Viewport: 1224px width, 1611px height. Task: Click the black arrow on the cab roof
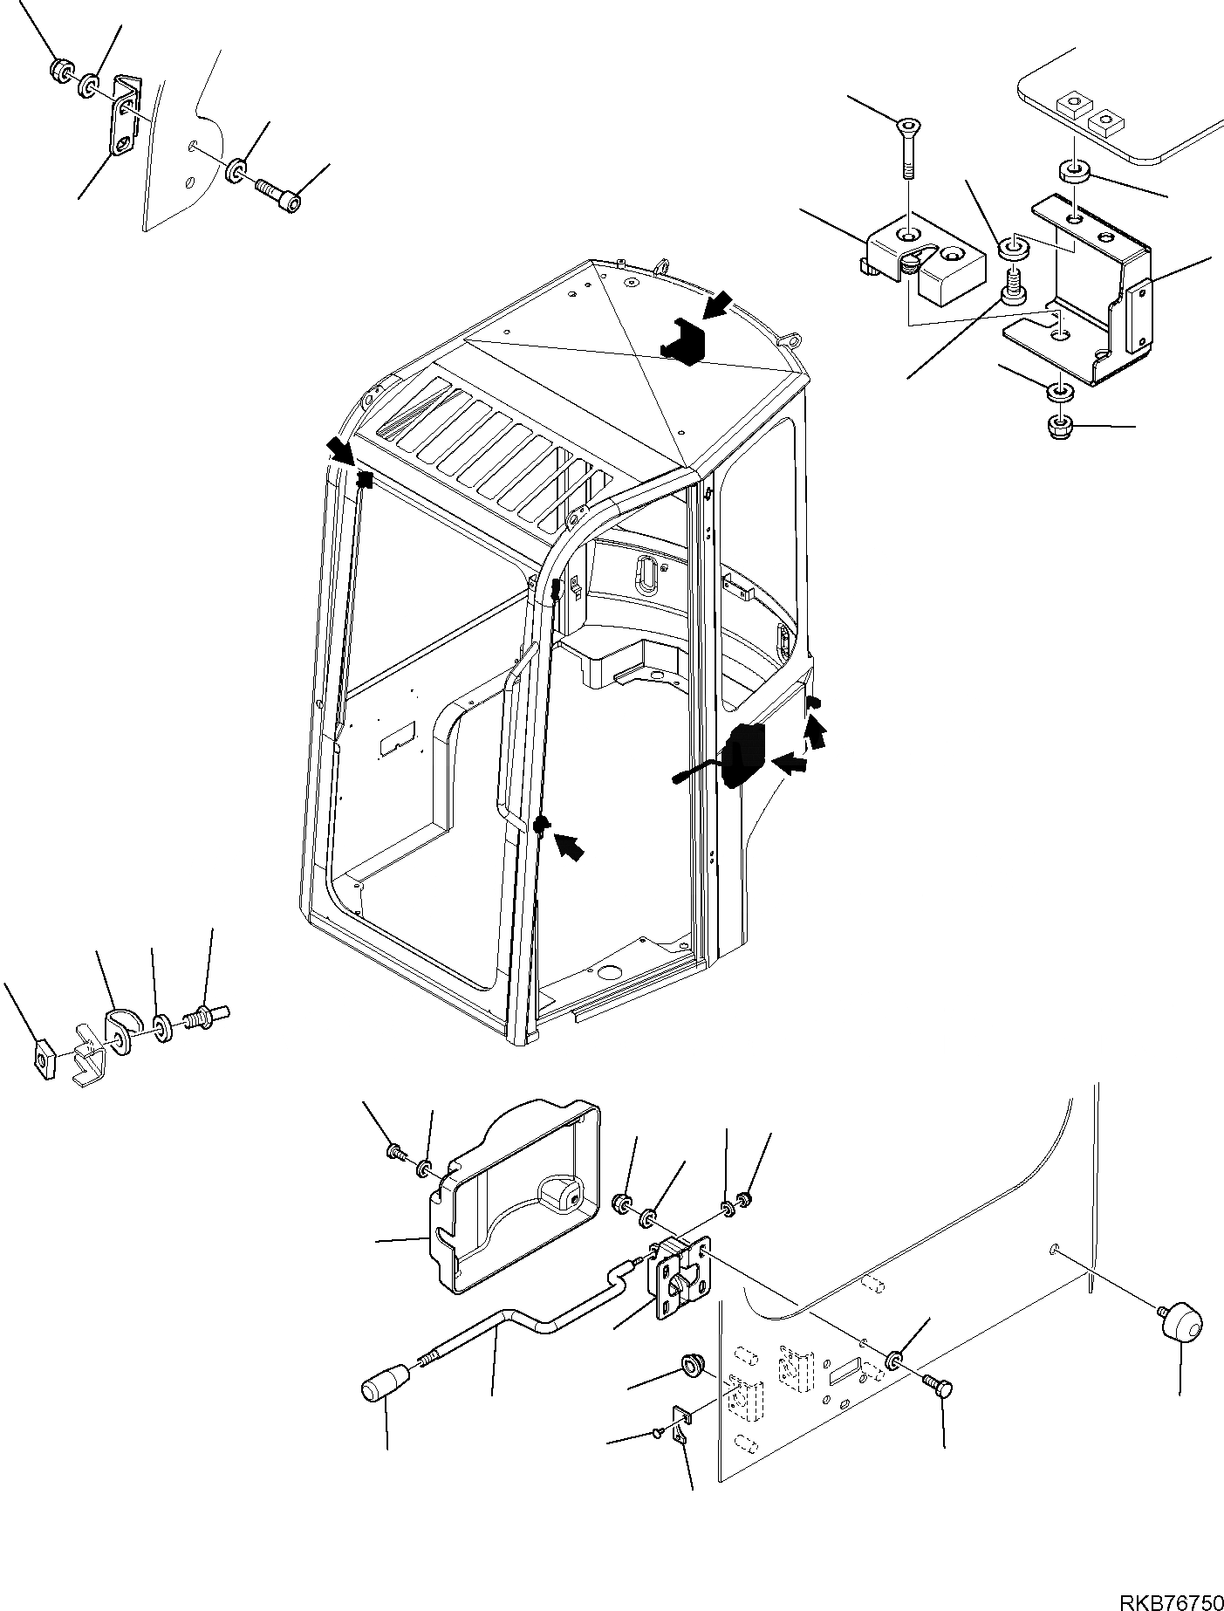pos(720,306)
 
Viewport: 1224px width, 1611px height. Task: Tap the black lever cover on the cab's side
pos(742,755)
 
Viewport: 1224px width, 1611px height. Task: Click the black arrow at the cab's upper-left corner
pos(340,450)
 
